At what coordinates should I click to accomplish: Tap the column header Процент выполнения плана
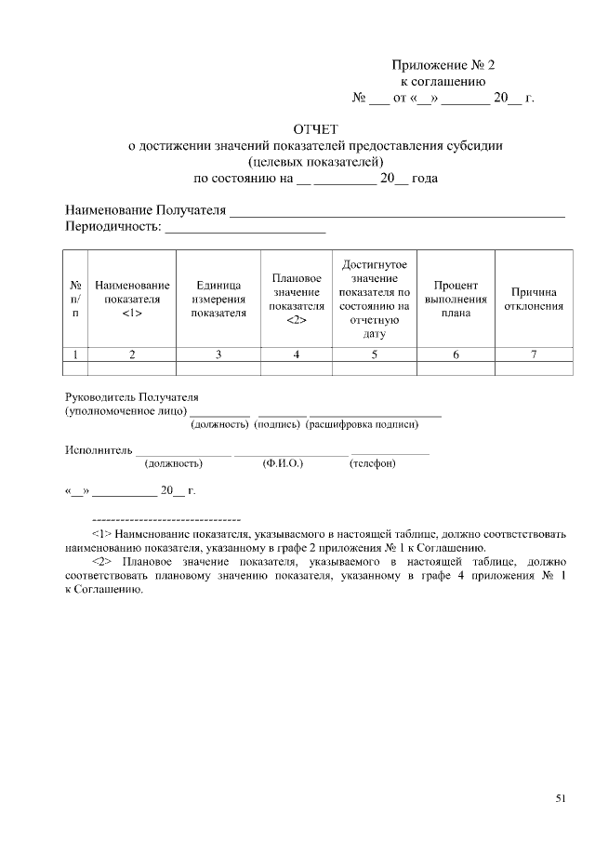tap(456, 299)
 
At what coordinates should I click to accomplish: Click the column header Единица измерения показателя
tap(218, 300)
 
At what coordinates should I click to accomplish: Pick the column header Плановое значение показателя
tap(297, 299)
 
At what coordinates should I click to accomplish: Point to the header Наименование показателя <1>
tap(132, 300)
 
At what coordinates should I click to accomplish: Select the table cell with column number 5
tap(375, 354)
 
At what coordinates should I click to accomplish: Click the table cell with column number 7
tap(533, 354)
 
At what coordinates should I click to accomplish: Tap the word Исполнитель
tap(99, 450)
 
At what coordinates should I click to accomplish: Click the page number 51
tap(560, 797)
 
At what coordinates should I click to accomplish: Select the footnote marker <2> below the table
tap(102, 562)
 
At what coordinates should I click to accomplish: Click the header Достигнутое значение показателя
tap(375, 299)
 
